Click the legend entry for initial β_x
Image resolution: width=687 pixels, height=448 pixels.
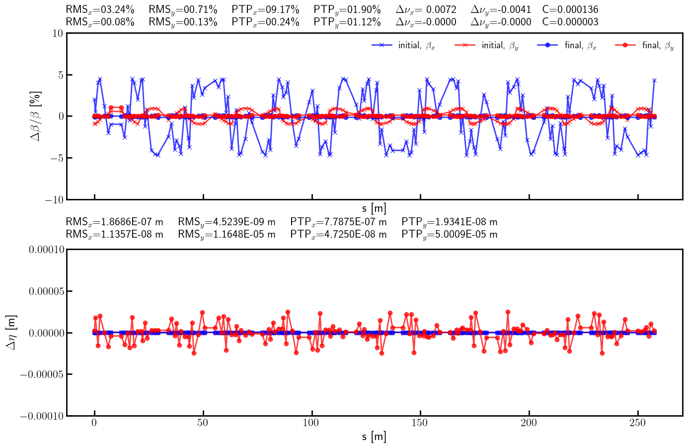(x=403, y=45)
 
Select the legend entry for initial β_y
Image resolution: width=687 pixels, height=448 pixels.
(x=487, y=45)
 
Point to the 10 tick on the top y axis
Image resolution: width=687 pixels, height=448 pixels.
(x=57, y=33)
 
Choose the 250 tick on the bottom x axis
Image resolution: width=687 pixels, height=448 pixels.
(x=637, y=423)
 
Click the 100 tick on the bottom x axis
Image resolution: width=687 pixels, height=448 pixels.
(x=311, y=423)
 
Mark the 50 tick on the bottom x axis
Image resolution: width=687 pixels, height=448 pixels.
(x=203, y=423)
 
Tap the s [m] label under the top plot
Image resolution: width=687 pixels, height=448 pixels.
(x=374, y=209)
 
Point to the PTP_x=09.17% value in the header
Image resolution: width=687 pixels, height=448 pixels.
(x=265, y=9)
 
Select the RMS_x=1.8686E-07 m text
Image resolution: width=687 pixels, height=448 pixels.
(x=114, y=222)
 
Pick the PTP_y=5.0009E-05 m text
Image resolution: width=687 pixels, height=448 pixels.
(x=449, y=234)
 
